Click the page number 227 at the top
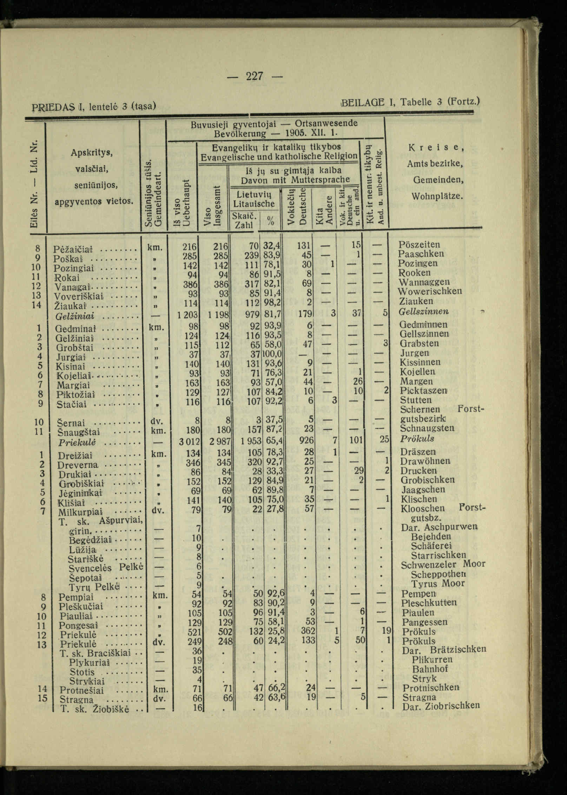click(x=255, y=75)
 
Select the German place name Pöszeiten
click(x=419, y=244)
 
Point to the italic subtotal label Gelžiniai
click(x=75, y=316)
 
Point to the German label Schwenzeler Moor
click(x=443, y=565)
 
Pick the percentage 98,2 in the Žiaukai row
click(x=273, y=302)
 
